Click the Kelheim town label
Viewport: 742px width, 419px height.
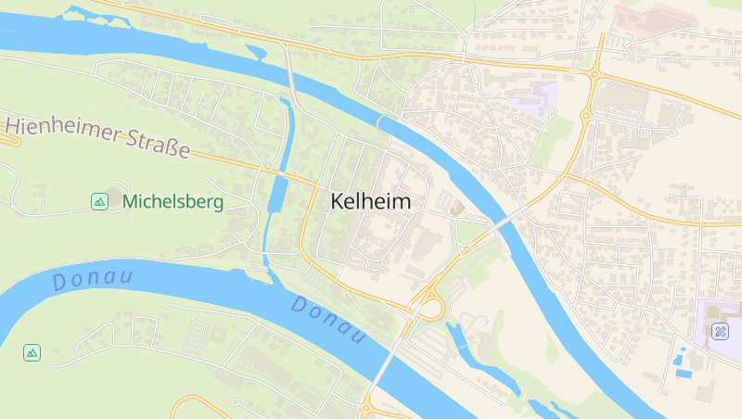(370, 201)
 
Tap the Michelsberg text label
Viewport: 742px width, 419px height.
(173, 201)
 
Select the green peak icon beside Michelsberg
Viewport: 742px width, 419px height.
(99, 201)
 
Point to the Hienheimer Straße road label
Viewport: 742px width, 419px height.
(97, 136)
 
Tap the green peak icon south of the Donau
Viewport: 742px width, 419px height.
(32, 352)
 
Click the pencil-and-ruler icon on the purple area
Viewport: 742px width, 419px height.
(720, 331)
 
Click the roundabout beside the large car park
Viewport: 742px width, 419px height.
(586, 115)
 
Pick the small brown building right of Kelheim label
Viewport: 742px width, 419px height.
(456, 209)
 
